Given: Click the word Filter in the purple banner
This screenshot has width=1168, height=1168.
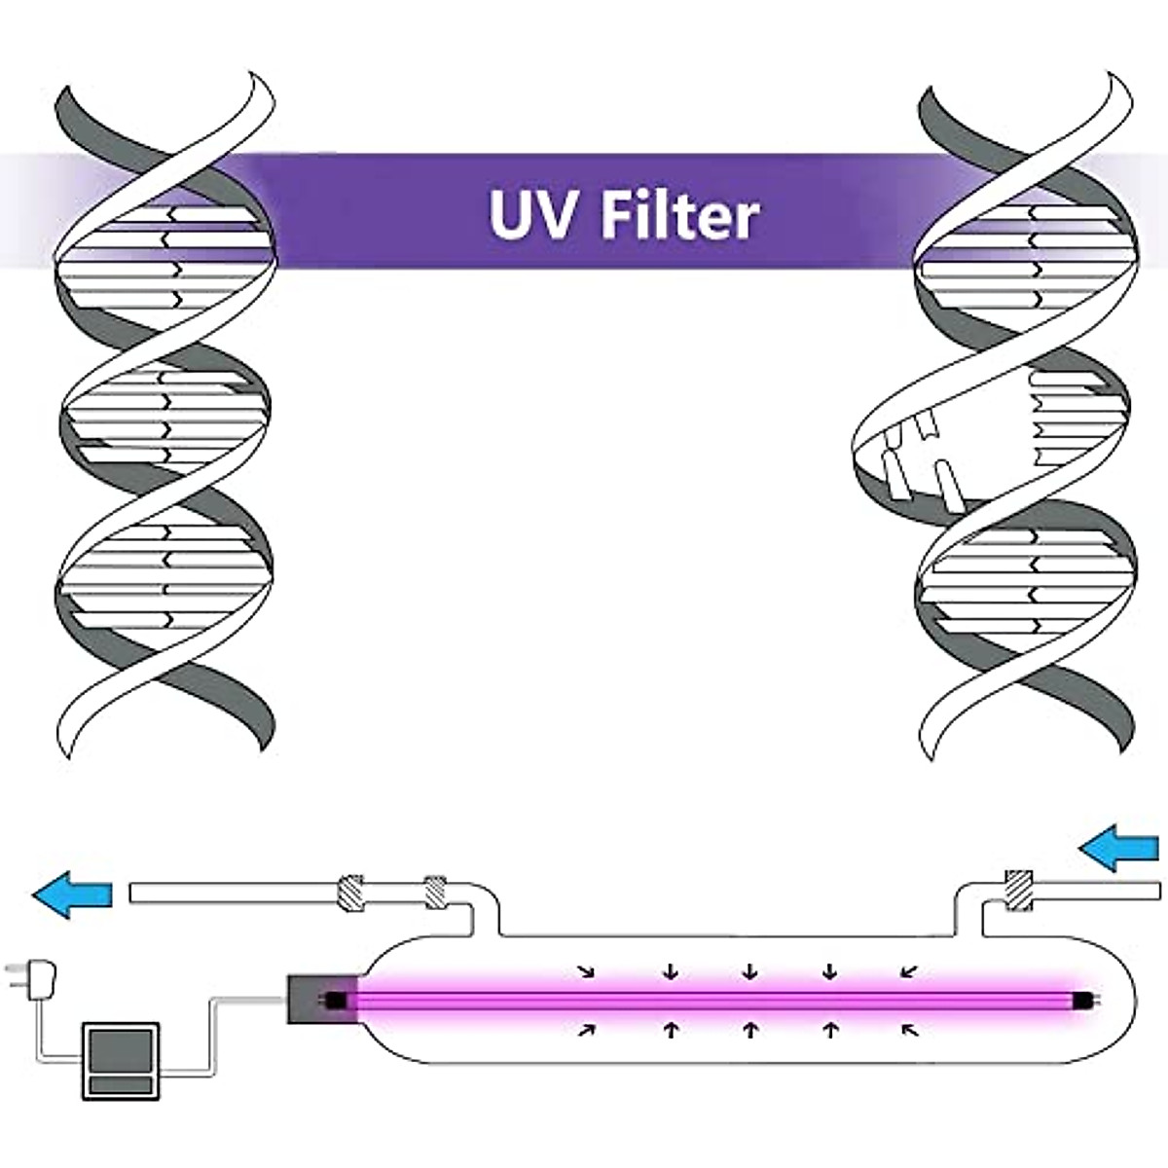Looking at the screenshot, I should click(678, 215).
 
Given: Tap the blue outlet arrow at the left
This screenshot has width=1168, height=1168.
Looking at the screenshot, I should click(73, 894).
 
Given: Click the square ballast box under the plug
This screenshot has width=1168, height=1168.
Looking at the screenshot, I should click(120, 1061).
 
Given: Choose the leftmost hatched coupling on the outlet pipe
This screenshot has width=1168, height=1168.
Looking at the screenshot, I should click(349, 893).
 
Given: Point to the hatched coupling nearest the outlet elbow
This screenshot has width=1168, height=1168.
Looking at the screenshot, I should click(435, 892).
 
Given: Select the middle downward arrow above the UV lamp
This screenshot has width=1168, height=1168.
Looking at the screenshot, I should click(749, 970).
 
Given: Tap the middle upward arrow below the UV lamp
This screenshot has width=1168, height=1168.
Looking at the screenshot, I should click(749, 1029).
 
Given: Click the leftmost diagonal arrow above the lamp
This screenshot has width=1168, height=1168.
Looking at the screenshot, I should click(586, 970).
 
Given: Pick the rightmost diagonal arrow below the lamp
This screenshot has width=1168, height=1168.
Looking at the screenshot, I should click(910, 1029).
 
